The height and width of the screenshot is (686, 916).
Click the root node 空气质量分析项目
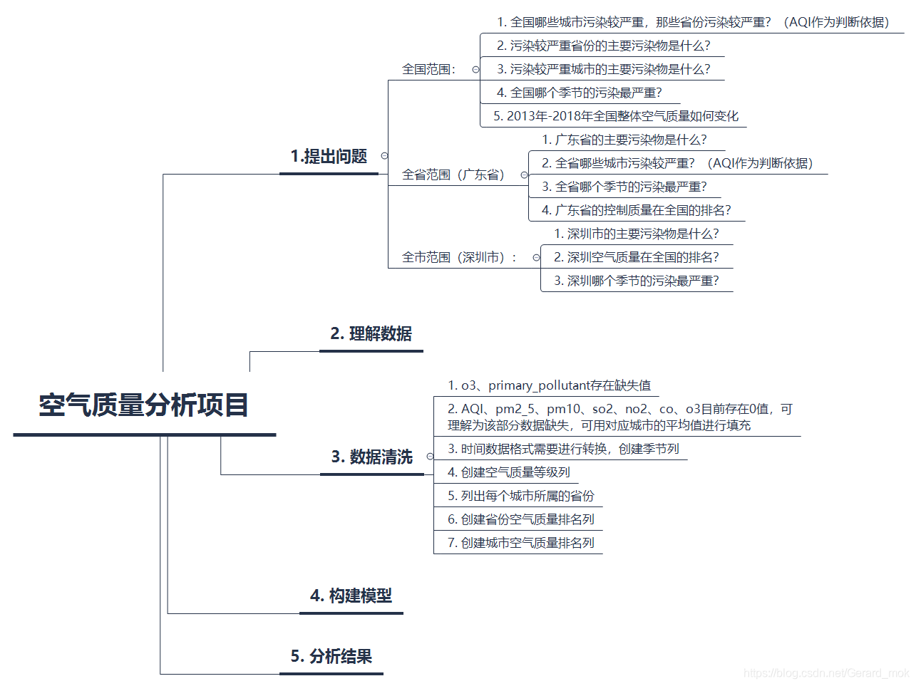pyautogui.click(x=144, y=405)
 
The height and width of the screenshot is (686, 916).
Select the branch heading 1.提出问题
pyautogui.click(x=329, y=157)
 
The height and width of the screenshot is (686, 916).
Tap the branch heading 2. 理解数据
pyautogui.click(x=371, y=334)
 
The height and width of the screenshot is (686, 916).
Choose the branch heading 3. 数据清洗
pyautogui.click(x=371, y=457)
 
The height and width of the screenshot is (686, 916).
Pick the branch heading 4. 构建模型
pyautogui.click(x=351, y=596)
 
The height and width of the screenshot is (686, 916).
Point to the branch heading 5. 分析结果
pyautogui.click(x=331, y=657)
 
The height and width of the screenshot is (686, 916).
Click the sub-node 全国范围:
pyautogui.click(x=429, y=69)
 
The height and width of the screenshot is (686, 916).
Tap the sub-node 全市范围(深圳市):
pyautogui.click(x=460, y=257)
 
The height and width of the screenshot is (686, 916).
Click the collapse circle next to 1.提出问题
pyautogui.click(x=385, y=156)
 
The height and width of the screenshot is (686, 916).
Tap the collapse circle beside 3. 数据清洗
pyautogui.click(x=430, y=457)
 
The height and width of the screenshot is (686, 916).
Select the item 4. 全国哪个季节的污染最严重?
pyautogui.click(x=579, y=93)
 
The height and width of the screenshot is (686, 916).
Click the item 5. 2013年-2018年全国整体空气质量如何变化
pyautogui.click(x=616, y=116)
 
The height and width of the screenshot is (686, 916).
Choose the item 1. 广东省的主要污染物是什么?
pyautogui.click(x=624, y=140)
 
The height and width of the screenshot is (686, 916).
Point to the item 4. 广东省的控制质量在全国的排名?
pyautogui.click(x=636, y=210)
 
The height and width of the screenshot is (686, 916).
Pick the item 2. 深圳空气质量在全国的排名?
pyautogui.click(x=636, y=257)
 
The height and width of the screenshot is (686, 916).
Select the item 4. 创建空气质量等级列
pyautogui.click(x=509, y=472)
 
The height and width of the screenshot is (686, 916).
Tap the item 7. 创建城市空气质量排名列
pyautogui.click(x=520, y=543)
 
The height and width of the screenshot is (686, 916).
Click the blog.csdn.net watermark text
pyautogui.click(x=826, y=673)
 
